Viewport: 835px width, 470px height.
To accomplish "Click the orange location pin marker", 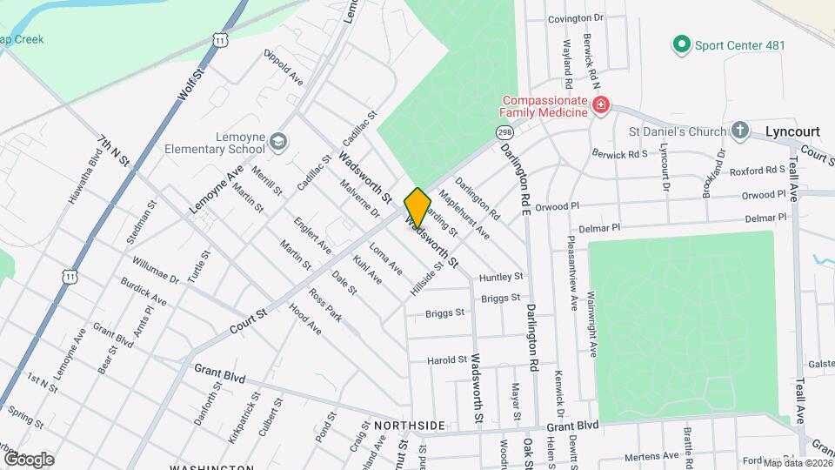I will pyautogui.click(x=417, y=207).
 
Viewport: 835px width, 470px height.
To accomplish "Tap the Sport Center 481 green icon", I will pyautogui.click(x=682, y=44).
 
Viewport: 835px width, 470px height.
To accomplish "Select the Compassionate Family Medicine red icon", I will pyautogui.click(x=599, y=106).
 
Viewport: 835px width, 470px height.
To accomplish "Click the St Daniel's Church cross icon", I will pyautogui.click(x=739, y=131).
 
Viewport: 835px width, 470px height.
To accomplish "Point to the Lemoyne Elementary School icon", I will pyautogui.click(x=277, y=142).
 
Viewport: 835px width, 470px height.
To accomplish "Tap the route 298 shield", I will pyautogui.click(x=504, y=132).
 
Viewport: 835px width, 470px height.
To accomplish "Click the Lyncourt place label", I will pyautogui.click(x=792, y=131).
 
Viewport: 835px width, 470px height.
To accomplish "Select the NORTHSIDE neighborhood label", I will pyautogui.click(x=410, y=426).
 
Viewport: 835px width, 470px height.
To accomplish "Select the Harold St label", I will pyautogui.click(x=447, y=359).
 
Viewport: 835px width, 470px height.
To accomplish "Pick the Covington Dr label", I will pyautogui.click(x=575, y=18).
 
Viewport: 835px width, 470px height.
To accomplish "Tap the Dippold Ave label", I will pyautogui.click(x=283, y=68).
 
